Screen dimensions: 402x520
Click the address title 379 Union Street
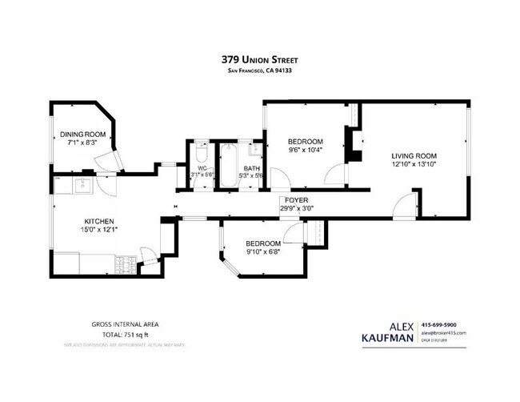(261, 58)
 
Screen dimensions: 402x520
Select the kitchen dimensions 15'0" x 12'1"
(100, 231)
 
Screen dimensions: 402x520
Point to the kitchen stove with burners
(125, 260)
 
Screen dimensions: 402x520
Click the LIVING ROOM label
(414, 155)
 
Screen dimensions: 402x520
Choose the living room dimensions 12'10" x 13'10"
(414, 165)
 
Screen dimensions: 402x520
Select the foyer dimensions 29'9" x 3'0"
(296, 208)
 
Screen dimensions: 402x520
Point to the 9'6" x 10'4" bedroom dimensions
(306, 150)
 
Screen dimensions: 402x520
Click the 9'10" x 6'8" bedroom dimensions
(263, 251)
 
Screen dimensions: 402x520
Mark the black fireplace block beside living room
(350, 141)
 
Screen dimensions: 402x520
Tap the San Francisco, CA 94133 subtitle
(261, 70)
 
